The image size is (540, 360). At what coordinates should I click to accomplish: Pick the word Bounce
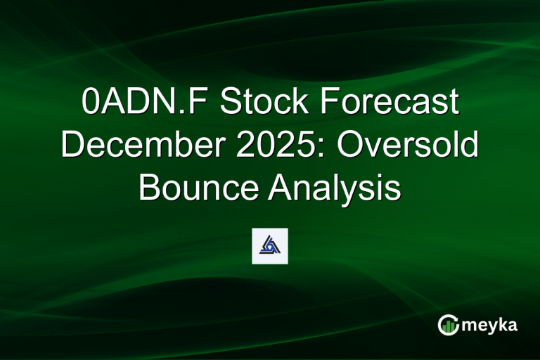pyautogui.click(x=200, y=188)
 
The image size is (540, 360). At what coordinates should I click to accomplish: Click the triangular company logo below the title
pyautogui.click(x=270, y=245)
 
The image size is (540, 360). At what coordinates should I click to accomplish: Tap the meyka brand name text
pyautogui.click(x=491, y=326)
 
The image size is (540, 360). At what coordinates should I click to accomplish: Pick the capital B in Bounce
pyautogui.click(x=150, y=188)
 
